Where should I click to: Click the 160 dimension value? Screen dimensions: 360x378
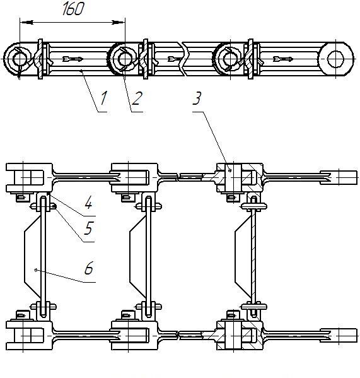73,9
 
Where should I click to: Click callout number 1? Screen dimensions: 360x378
103,98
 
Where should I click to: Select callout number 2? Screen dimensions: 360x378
137,98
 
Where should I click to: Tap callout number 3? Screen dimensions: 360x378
197,98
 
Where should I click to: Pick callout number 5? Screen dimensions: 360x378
88,228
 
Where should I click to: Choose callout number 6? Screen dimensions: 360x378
89,268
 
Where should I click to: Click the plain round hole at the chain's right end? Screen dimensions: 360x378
335,59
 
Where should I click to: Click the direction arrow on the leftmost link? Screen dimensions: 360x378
73,59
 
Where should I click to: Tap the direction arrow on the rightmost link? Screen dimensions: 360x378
283,59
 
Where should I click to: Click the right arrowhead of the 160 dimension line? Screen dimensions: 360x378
118,23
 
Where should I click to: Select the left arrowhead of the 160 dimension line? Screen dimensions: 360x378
26,23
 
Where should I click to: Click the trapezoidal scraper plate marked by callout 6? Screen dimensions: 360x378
32,256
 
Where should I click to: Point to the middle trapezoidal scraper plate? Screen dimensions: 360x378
137,256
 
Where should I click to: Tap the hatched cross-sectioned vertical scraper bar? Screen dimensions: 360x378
253,256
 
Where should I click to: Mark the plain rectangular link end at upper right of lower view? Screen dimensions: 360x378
339,178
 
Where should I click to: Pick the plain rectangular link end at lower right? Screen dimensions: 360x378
339,335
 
